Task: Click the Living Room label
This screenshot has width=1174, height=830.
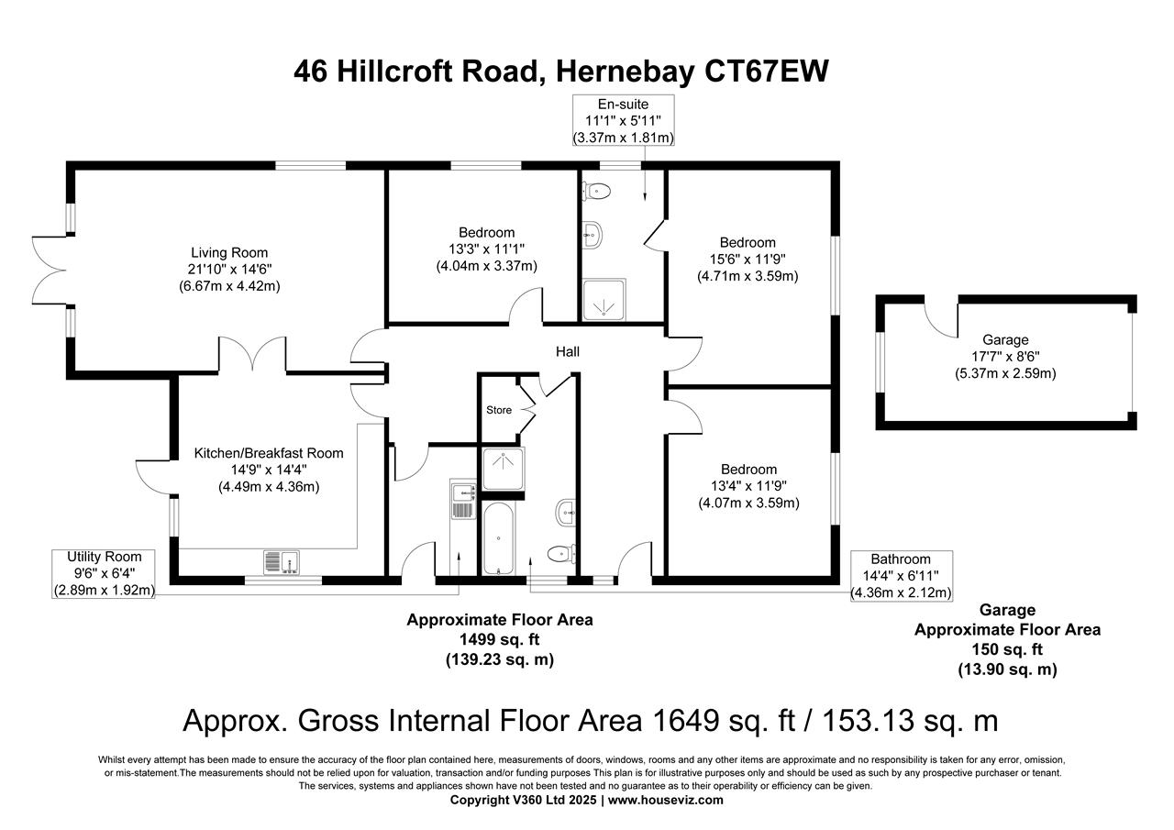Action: tap(229, 252)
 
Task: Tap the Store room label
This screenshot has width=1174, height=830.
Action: tap(498, 410)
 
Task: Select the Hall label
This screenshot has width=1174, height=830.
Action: tap(567, 351)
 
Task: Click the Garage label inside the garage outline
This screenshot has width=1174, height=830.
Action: tap(1005, 339)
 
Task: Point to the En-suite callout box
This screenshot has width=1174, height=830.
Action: tap(623, 120)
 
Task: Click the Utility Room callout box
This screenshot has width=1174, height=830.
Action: tap(104, 574)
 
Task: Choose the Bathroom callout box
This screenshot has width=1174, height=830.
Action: tap(901, 576)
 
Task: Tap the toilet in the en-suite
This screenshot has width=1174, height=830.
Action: tap(596, 191)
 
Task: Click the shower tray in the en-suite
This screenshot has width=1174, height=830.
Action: tap(604, 300)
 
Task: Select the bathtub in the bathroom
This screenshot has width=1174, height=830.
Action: tap(498, 538)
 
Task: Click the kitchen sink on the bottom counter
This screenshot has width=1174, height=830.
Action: tap(282, 562)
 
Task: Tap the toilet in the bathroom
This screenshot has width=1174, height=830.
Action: tap(561, 553)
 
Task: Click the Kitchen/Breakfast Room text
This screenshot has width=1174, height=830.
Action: tap(269, 453)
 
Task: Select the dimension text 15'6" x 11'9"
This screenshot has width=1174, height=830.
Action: tap(748, 260)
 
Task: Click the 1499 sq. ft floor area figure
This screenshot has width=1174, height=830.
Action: tap(500, 640)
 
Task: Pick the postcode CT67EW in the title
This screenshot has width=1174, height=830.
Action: tap(766, 72)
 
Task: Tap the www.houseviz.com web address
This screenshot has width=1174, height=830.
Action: tap(666, 800)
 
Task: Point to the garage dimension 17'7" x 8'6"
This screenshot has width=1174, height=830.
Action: tap(1005, 357)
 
